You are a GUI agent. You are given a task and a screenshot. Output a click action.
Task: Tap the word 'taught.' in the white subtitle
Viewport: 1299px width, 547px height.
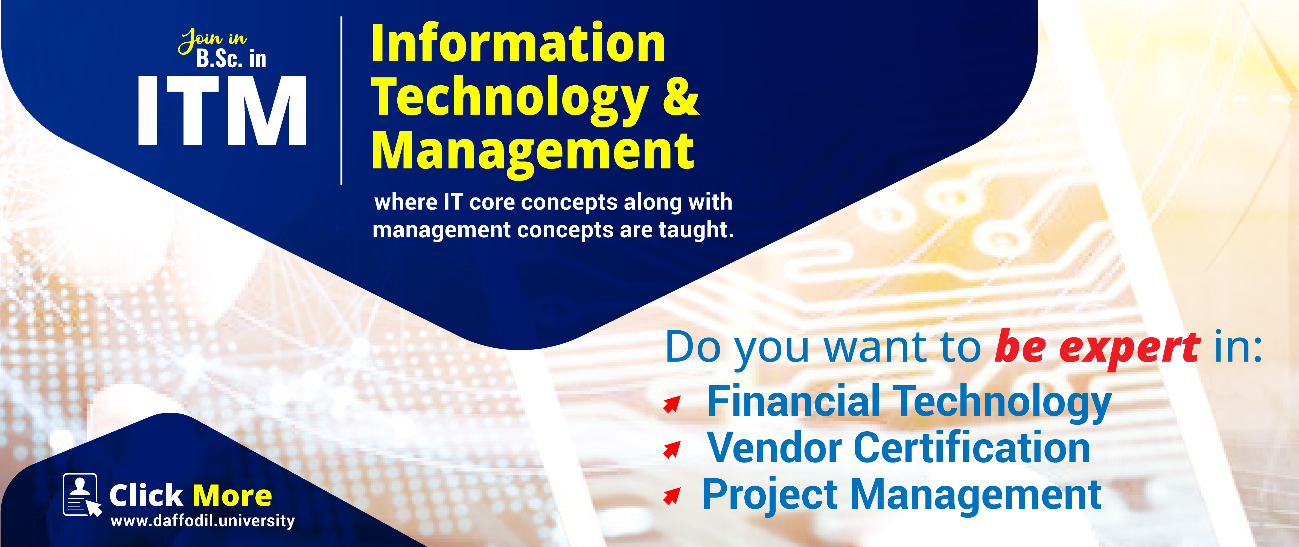(x=696, y=230)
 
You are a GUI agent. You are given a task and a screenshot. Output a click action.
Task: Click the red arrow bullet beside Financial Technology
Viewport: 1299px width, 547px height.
(x=672, y=404)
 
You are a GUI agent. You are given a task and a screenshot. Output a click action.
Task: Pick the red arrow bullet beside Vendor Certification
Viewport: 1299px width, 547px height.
(x=672, y=449)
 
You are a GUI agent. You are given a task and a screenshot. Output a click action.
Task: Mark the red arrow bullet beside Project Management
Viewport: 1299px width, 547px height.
(x=672, y=496)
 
